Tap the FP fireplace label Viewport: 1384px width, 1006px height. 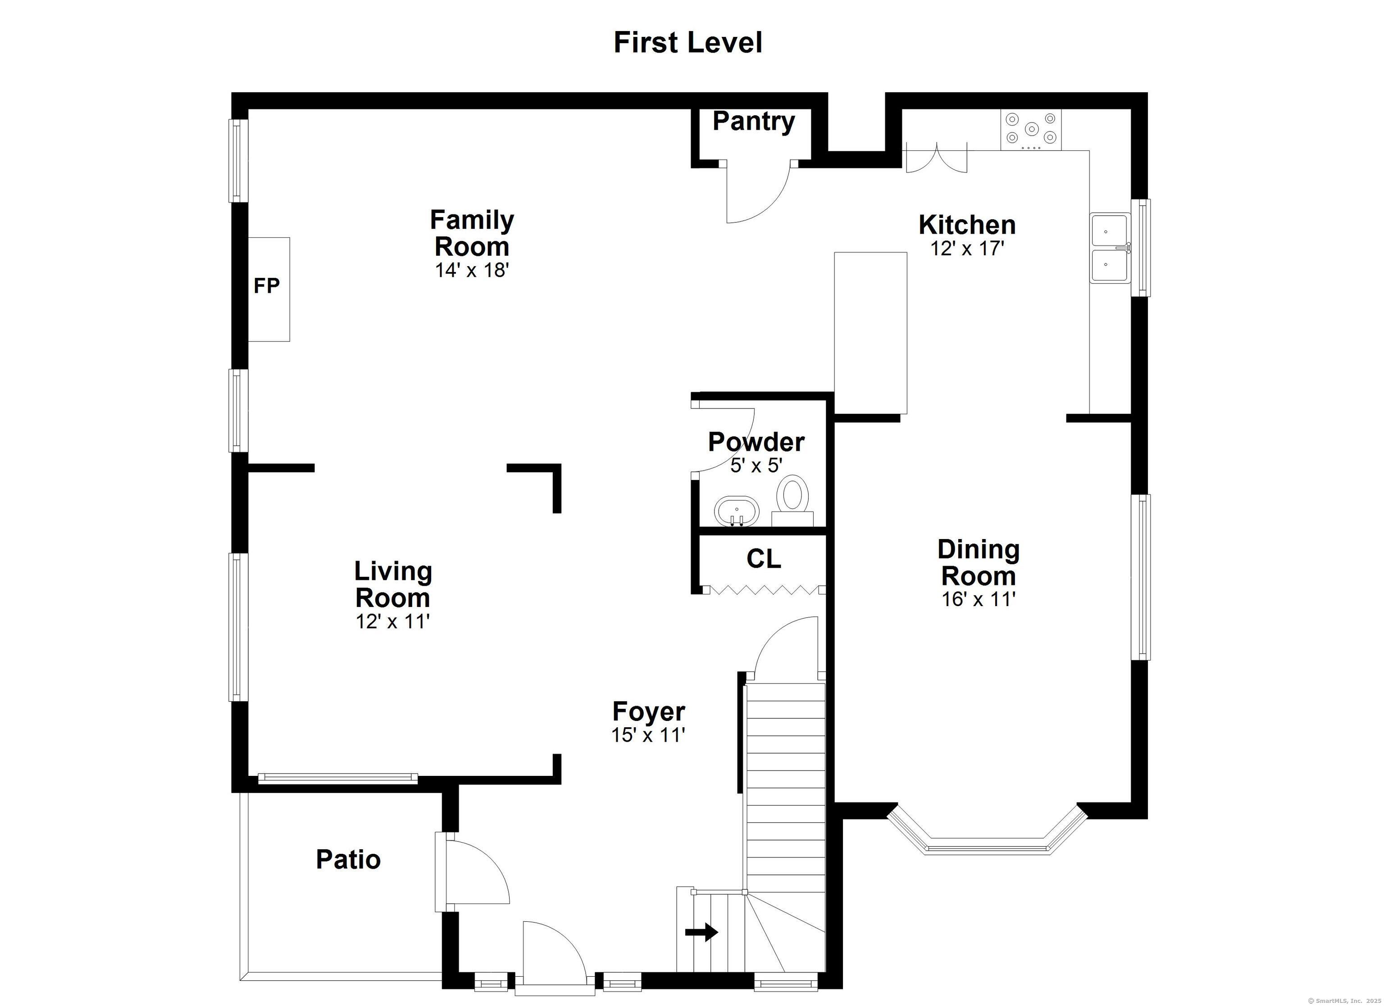tap(267, 285)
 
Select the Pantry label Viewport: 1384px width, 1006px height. tap(754, 122)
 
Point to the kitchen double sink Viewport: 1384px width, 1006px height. tap(1110, 248)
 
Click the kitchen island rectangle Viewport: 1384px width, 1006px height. tap(870, 333)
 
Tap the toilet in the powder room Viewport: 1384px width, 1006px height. tap(792, 501)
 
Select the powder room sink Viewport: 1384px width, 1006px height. tap(737, 511)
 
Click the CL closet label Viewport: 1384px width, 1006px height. tap(763, 559)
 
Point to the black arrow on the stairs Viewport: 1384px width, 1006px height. tap(702, 932)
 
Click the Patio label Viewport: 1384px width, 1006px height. tap(348, 860)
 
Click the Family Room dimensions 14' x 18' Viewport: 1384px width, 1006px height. tap(472, 270)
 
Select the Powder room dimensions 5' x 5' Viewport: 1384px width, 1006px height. tap(756, 466)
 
